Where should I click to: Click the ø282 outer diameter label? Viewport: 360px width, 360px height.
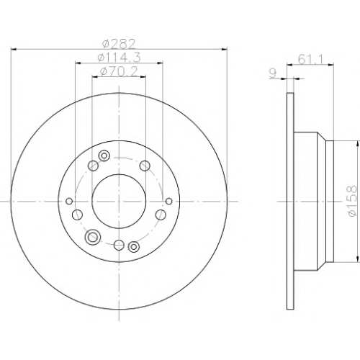pyautogui.click(x=119, y=44)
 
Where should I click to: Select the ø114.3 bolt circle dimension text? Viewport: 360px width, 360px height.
pyautogui.click(x=119, y=58)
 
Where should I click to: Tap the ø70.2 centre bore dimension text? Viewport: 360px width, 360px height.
pyautogui.click(x=119, y=71)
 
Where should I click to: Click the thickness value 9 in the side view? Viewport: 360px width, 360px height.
pyautogui.click(x=273, y=73)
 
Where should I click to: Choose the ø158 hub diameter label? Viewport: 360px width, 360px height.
pyautogui.click(x=352, y=201)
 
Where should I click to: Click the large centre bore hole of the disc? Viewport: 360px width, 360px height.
pyautogui.click(x=119, y=201)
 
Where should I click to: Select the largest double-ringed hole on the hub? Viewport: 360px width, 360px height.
pyautogui.click(x=92, y=237)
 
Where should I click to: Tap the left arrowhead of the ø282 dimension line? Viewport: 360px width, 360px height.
pyautogui.click(x=14, y=50)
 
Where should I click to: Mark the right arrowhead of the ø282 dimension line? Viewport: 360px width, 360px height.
pyautogui.click(x=224, y=50)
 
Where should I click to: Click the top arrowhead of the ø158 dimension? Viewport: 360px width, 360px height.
pyautogui.click(x=358, y=143)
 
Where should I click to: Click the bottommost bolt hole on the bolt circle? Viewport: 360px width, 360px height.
pyautogui.click(x=119, y=245)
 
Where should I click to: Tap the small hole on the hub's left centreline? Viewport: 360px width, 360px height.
pyautogui.click(x=69, y=201)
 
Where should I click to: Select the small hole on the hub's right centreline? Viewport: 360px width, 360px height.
pyautogui.click(x=168, y=201)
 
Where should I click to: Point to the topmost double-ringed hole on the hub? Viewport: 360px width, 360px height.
pyautogui.click(x=104, y=156)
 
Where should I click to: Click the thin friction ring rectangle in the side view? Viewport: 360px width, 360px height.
pyautogui.click(x=290, y=201)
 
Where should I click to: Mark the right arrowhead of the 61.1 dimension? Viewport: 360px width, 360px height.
pyautogui.click(x=331, y=64)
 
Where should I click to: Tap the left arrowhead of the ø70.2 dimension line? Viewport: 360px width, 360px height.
pyautogui.click(x=95, y=77)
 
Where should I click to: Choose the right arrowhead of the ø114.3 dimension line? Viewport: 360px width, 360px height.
pyautogui.click(x=160, y=63)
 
